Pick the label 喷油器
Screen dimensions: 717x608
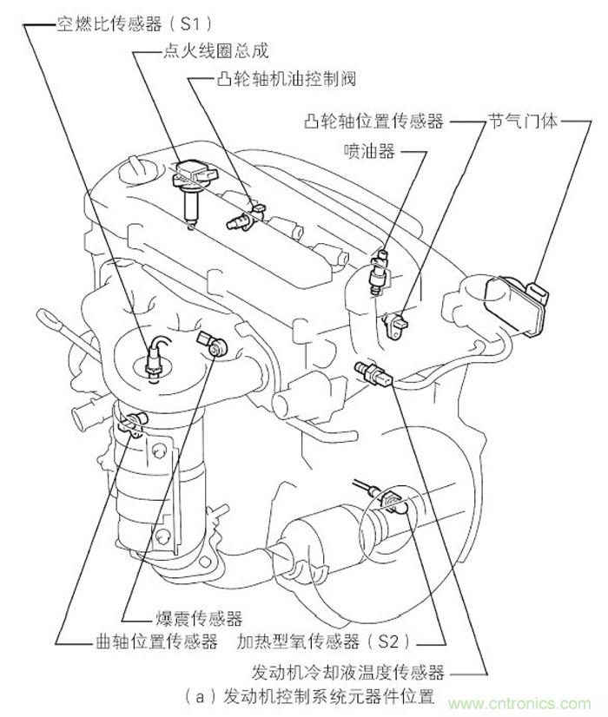369,152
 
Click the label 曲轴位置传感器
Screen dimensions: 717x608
155,642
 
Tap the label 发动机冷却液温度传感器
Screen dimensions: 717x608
347,672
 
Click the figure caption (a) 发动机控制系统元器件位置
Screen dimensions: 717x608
309,696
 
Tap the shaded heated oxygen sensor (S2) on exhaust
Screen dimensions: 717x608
391,500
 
